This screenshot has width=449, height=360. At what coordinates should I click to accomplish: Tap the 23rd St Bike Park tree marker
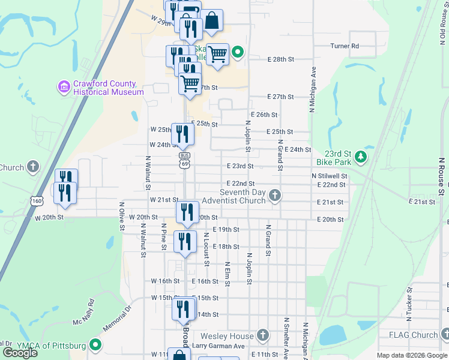(360, 157)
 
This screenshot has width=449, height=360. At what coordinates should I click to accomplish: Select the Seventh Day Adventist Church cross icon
(275, 196)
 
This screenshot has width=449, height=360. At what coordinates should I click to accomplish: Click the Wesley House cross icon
(262, 335)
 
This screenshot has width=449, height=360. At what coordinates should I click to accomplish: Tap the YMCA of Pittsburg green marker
(95, 345)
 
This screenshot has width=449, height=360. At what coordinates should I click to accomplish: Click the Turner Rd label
(345, 46)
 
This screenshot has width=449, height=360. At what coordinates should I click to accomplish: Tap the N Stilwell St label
(330, 176)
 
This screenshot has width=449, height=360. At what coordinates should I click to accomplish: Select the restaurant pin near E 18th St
(185, 241)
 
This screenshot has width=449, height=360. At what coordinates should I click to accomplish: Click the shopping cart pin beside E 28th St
(217, 55)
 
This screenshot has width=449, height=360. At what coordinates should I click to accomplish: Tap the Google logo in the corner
(20, 353)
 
